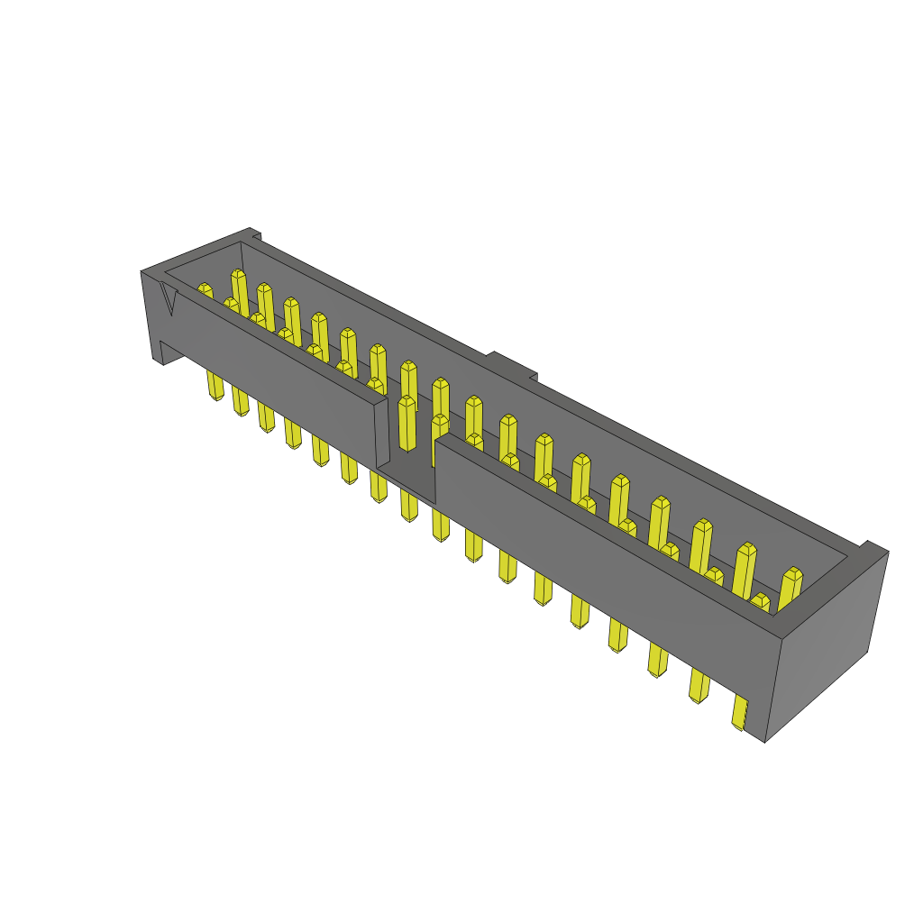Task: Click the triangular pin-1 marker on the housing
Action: tap(169, 297)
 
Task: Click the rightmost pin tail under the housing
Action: tap(740, 713)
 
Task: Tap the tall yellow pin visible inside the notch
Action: tap(407, 424)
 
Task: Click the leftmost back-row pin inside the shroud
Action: tap(239, 288)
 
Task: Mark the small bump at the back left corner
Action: tap(255, 236)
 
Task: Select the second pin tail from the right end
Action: tap(699, 684)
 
